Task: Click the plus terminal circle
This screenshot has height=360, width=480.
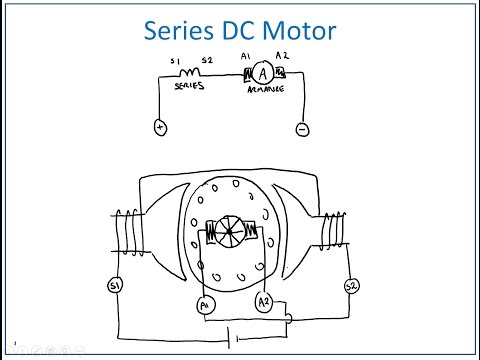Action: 159,127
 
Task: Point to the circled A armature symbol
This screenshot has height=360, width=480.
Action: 261,73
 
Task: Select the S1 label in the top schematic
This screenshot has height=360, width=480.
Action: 175,61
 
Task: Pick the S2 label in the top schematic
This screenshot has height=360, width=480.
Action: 208,61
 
